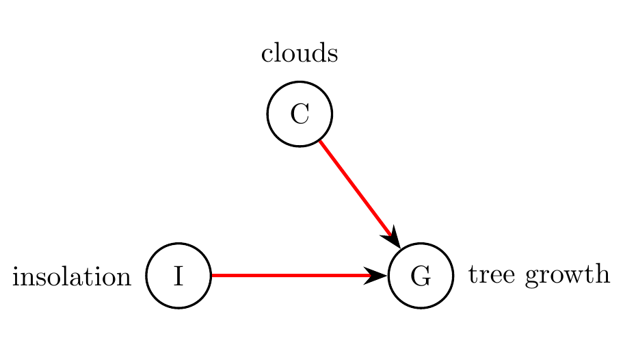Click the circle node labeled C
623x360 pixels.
pos(300,114)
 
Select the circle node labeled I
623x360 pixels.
pos(179,276)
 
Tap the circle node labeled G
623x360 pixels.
pos(421,276)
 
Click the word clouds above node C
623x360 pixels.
pos(300,54)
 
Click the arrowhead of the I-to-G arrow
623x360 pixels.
pos(377,276)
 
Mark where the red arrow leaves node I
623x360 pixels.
pos(213,276)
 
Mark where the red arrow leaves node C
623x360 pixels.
pos(320,141)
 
